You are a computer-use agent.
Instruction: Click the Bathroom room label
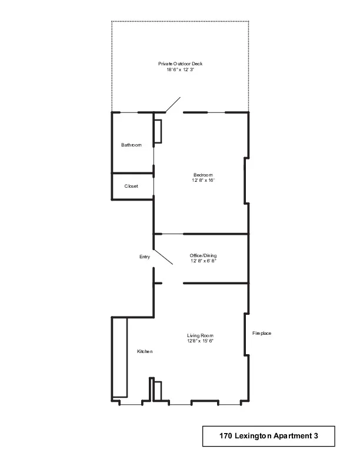tap(131, 145)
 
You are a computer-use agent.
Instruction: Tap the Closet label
tap(131, 186)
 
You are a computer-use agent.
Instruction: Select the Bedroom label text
tap(203, 175)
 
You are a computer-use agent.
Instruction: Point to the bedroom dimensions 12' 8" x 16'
tap(203, 181)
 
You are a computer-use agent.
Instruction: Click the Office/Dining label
tap(203, 255)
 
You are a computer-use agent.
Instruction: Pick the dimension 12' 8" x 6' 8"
tap(203, 261)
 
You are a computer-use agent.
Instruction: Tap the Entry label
tap(145, 257)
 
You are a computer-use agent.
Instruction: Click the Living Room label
tap(200, 335)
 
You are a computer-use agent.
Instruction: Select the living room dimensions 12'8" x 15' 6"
tap(200, 341)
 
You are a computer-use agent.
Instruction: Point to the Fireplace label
tap(262, 333)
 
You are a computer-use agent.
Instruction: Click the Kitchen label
tap(145, 351)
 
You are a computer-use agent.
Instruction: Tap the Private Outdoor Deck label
tap(180, 64)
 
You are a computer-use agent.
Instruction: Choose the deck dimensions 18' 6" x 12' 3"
tap(180, 69)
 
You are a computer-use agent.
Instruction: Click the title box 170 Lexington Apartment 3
tap(268, 437)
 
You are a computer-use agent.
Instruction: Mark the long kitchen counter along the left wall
tap(120, 357)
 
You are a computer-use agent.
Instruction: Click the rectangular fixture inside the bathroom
tap(158, 131)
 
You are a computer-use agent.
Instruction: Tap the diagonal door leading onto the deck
tap(173, 105)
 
